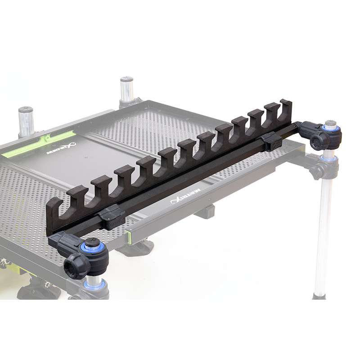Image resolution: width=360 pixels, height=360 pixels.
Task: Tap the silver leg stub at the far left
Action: click(x=26, y=121)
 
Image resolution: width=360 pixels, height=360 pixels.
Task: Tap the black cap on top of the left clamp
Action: click(x=93, y=243)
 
